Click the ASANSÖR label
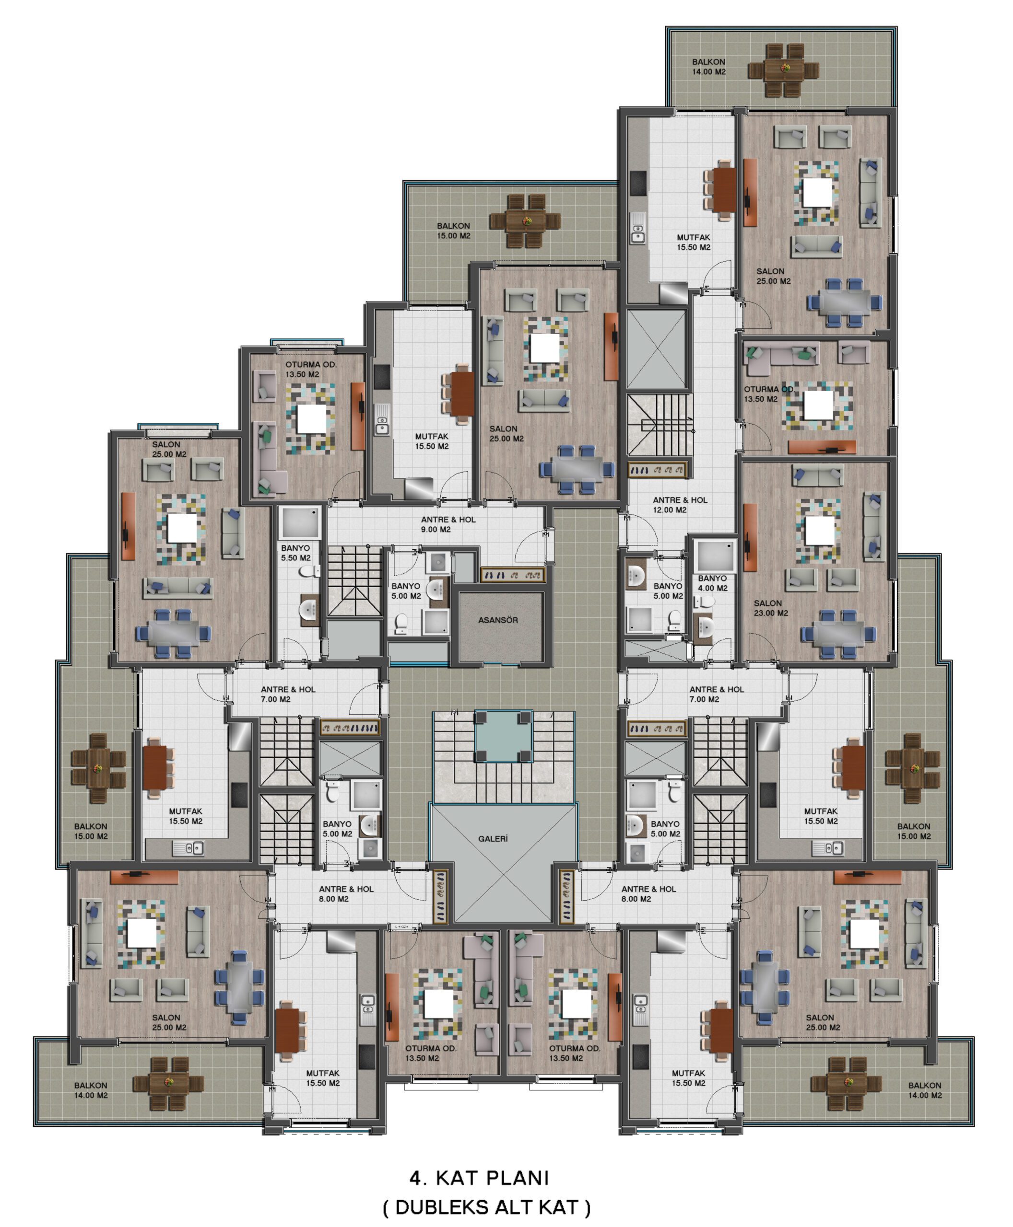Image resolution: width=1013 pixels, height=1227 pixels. click(498, 620)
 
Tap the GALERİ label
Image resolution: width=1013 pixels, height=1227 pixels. click(493, 839)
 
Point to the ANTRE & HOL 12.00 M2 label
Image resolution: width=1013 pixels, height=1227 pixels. click(680, 504)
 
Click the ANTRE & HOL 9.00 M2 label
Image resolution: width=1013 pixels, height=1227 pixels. click(448, 524)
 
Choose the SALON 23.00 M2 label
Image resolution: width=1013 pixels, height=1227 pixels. click(770, 608)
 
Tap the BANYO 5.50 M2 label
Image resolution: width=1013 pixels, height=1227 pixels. click(296, 553)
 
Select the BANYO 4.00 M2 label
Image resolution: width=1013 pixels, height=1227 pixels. click(712, 583)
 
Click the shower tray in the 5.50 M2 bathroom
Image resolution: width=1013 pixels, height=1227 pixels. click(300, 522)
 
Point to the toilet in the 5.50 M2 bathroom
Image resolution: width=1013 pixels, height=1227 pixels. click(308, 571)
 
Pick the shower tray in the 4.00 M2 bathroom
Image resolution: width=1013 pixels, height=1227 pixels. click(715, 555)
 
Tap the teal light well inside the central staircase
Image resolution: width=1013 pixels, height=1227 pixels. click(503, 737)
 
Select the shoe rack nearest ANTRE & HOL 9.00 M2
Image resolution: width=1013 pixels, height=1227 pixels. click(512, 575)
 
